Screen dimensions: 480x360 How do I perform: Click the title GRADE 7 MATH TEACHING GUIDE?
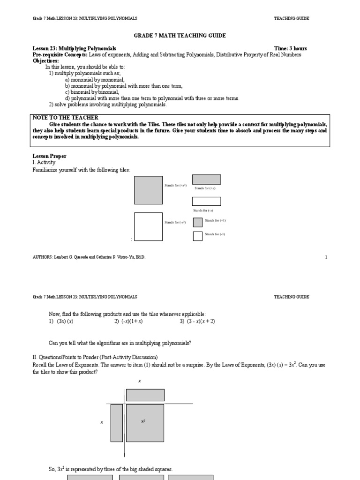tap(180, 36)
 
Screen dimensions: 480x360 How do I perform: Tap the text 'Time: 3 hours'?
tap(291, 48)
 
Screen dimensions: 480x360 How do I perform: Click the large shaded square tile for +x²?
tap(148, 190)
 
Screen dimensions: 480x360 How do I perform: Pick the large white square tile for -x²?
tap(148, 226)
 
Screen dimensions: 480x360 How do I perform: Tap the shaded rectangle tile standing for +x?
tap(206, 180)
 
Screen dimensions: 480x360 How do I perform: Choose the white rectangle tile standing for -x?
tap(206, 202)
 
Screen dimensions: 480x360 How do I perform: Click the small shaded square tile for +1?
tap(198, 222)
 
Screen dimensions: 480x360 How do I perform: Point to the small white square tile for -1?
tap(198, 236)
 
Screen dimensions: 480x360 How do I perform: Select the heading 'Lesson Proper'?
tap(49, 156)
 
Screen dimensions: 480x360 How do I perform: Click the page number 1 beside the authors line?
tap(326, 257)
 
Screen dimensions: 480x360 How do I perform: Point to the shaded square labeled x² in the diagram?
tap(145, 422)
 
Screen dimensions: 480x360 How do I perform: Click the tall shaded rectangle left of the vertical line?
tap(117, 422)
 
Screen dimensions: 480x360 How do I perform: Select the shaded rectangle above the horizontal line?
tap(145, 395)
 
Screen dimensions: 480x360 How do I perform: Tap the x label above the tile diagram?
tap(139, 382)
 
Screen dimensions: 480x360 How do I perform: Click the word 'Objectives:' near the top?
tap(46, 61)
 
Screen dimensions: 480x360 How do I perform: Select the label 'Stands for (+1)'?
tap(216, 220)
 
